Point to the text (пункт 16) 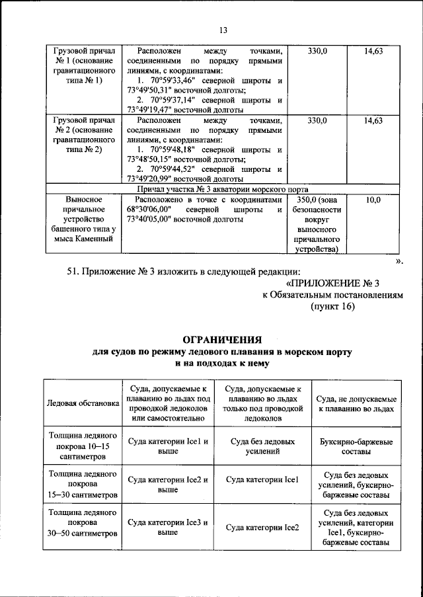click(333, 307)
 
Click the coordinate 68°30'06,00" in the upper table click(153, 210)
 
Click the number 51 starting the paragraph click(75, 270)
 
